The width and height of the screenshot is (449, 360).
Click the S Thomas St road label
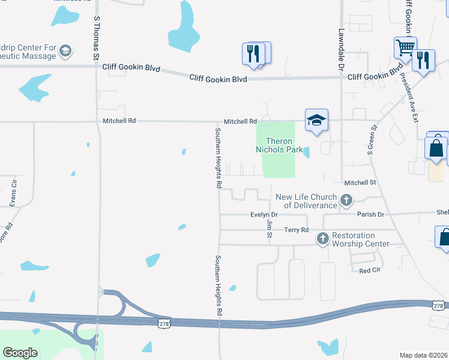(x=96, y=37)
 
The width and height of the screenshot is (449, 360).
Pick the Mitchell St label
(x=360, y=182)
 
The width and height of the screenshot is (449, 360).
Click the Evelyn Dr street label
(x=264, y=214)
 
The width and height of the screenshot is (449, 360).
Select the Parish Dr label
(x=371, y=214)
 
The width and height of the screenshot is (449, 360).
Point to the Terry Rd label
(x=296, y=230)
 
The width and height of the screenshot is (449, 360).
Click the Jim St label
(x=269, y=228)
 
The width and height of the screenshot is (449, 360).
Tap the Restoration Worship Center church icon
(x=322, y=239)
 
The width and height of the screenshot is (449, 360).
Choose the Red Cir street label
(x=370, y=271)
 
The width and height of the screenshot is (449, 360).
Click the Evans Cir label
(x=14, y=191)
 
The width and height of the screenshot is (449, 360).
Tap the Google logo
(x=20, y=353)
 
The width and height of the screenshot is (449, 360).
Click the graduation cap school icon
(x=316, y=120)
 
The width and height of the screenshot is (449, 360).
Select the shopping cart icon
(x=406, y=47)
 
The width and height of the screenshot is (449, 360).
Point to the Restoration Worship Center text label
(x=361, y=239)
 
